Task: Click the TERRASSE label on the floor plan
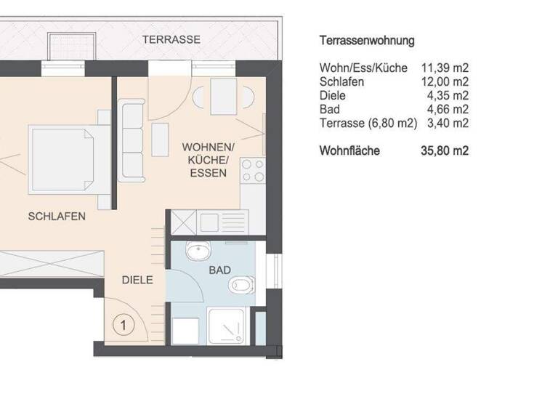[171, 39]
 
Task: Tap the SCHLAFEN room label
[57, 216]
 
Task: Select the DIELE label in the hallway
[137, 279]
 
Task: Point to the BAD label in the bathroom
[219, 270]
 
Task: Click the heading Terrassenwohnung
[367, 41]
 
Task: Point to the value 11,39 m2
[445, 68]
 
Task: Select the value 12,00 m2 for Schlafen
[445, 82]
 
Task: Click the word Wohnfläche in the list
[349, 151]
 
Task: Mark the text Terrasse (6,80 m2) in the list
[368, 124]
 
